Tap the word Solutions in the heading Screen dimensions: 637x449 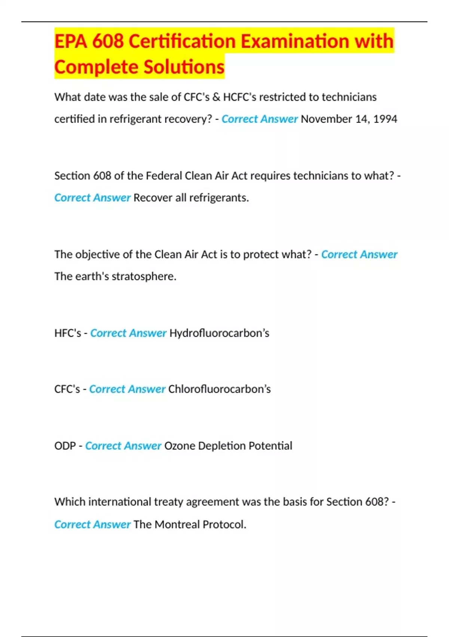click(x=184, y=67)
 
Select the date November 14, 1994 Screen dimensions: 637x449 click(x=349, y=119)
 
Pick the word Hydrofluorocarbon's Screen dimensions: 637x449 click(x=219, y=333)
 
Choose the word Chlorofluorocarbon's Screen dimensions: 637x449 click(x=219, y=389)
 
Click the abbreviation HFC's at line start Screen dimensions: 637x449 click(x=67, y=333)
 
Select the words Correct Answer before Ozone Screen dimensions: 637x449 click(x=123, y=446)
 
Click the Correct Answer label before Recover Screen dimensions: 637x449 click(x=92, y=198)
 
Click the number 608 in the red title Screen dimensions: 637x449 click(x=108, y=41)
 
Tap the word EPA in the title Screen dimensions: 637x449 click(x=70, y=41)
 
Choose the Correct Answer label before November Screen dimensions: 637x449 click(x=259, y=119)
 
